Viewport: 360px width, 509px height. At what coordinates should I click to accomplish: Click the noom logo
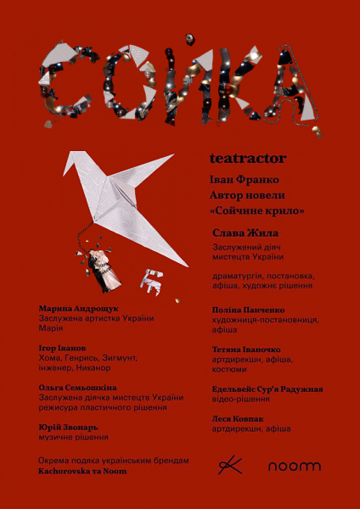point(295,466)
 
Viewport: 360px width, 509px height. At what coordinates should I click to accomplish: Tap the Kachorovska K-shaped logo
point(229,465)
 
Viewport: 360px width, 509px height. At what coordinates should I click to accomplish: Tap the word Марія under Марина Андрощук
point(52,328)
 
